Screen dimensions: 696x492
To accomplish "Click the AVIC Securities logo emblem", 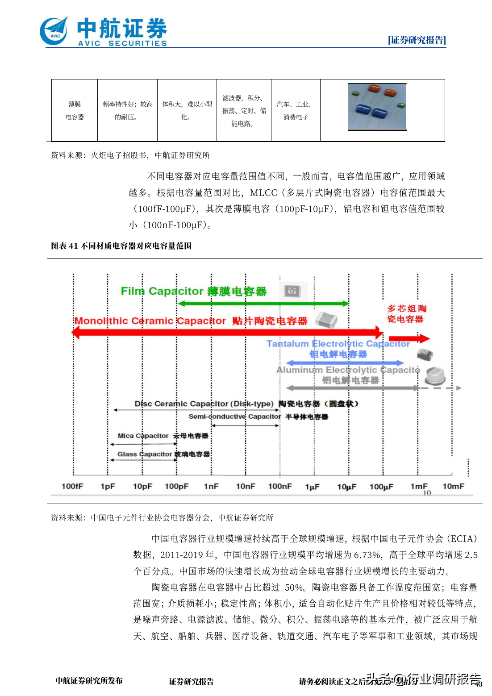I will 54,31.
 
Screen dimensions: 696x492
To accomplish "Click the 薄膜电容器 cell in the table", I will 75,111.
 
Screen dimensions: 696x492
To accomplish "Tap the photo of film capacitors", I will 377,107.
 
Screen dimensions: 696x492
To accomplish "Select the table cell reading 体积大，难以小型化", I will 187,111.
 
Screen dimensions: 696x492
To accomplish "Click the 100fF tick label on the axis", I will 72,486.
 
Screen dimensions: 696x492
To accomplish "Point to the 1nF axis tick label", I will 211,486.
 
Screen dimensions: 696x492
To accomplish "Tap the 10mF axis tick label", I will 453,486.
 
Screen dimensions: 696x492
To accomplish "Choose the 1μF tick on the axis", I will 313,487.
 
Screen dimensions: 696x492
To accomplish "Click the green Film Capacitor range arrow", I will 263,304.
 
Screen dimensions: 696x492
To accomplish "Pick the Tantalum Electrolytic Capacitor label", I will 338,344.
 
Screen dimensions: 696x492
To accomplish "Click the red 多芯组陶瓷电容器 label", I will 406,313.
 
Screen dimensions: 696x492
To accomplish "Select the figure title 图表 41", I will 121,246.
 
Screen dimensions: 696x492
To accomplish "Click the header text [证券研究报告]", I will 417,40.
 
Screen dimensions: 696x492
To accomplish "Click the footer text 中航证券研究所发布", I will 89,681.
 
